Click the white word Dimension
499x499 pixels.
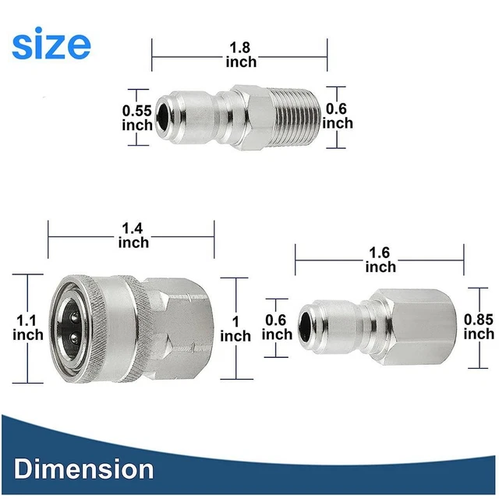83,469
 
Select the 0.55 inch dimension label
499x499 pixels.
137,117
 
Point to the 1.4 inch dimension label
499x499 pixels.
133,235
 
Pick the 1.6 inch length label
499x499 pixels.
380,260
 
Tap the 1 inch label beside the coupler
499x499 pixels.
235,328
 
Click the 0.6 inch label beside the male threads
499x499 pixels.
338,116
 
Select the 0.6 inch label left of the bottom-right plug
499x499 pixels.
278,327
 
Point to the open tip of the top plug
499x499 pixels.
161,117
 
